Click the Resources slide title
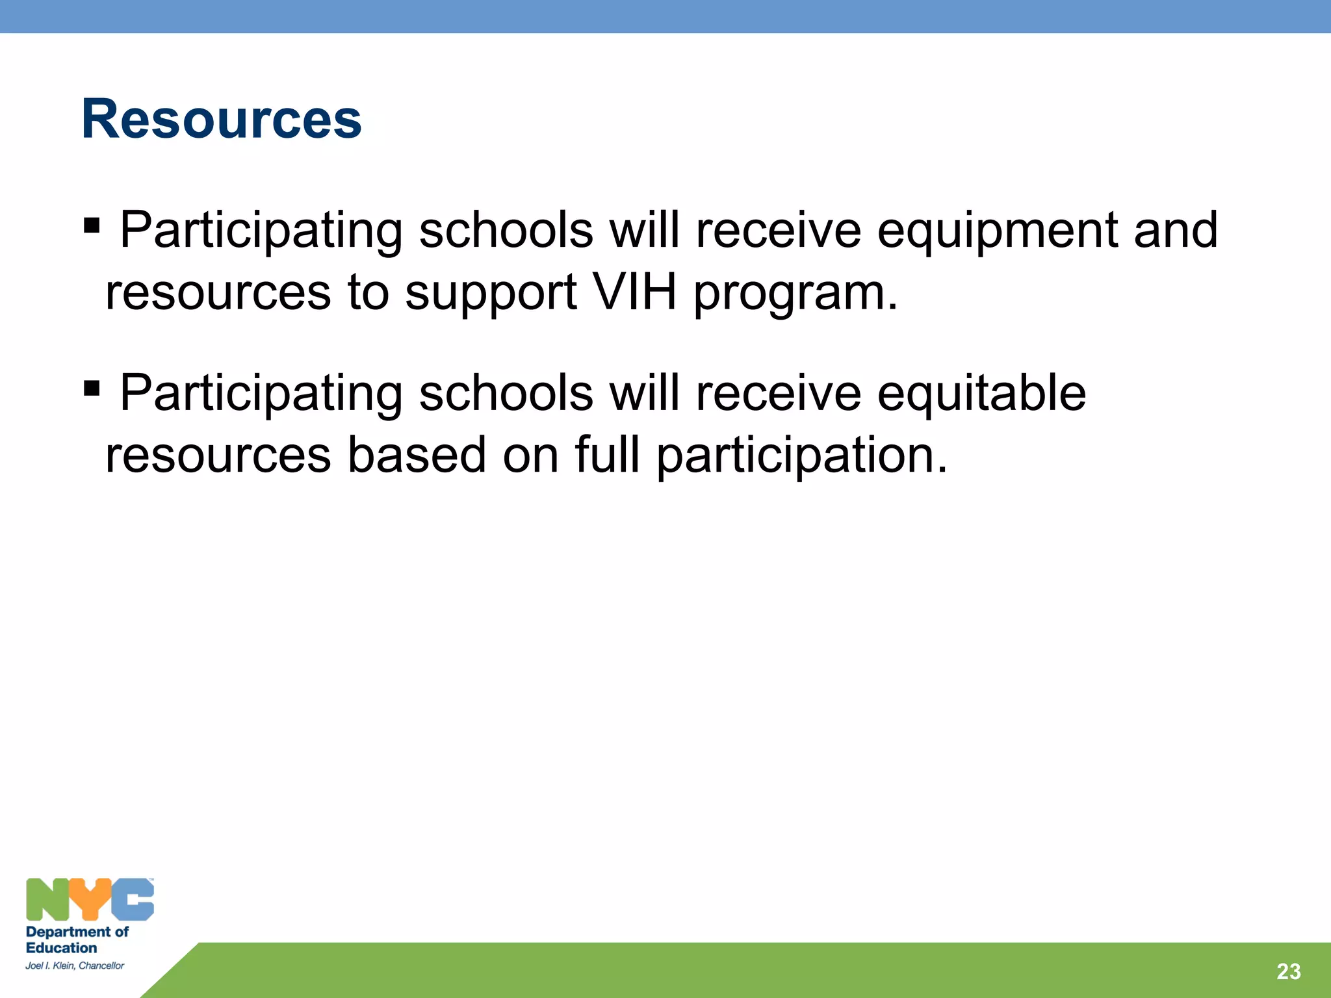click(x=221, y=119)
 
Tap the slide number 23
click(x=1288, y=971)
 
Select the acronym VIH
click(x=635, y=292)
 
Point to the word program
click(x=795, y=294)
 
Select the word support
click(x=491, y=294)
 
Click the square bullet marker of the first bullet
click(x=92, y=226)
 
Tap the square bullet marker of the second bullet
click(x=92, y=389)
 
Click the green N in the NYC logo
click(x=47, y=899)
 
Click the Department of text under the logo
click(x=77, y=932)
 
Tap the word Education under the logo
click(x=61, y=948)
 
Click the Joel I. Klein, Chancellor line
click(x=75, y=966)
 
